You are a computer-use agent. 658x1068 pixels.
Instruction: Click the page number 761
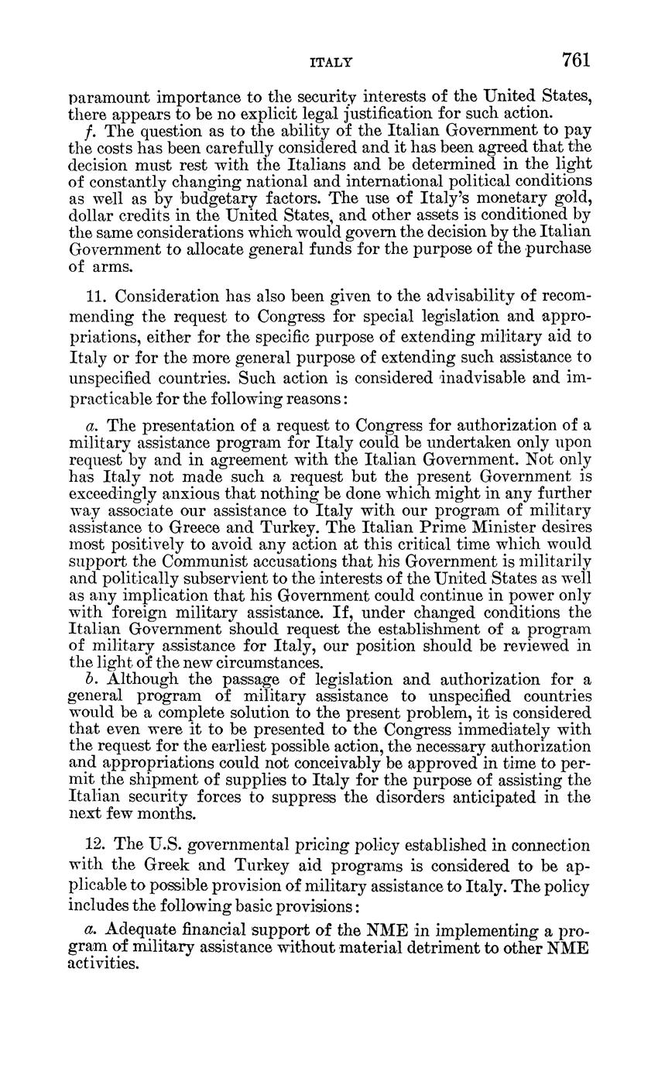[576, 60]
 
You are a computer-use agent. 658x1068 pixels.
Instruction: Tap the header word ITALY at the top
[331, 62]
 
